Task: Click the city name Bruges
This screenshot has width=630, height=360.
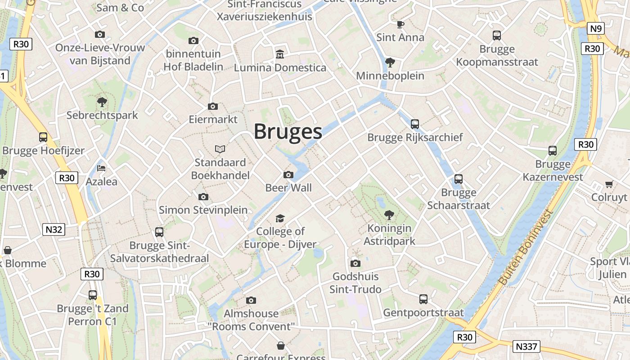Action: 288,131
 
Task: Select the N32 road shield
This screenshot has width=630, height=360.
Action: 54,229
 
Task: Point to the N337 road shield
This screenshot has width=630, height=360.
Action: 526,346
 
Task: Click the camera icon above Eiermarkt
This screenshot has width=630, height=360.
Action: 213,107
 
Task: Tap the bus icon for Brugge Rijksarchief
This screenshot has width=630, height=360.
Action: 415,124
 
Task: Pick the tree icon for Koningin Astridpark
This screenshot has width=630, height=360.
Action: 389,215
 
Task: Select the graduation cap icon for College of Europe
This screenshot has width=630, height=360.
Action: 280,219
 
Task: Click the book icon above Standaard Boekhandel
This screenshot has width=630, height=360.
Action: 220,149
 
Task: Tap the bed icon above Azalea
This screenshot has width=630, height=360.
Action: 101,169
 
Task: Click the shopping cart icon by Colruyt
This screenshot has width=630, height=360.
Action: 609,184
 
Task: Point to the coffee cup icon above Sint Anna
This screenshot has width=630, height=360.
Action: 400,24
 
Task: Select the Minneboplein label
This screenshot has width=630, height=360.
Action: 390,76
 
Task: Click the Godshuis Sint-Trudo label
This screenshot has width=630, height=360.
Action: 355,283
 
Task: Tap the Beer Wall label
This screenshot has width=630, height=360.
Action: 288,188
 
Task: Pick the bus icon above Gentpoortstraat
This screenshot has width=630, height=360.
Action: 423,299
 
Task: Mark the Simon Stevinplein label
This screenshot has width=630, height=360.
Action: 203,210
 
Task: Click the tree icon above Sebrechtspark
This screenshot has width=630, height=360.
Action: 102,102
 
